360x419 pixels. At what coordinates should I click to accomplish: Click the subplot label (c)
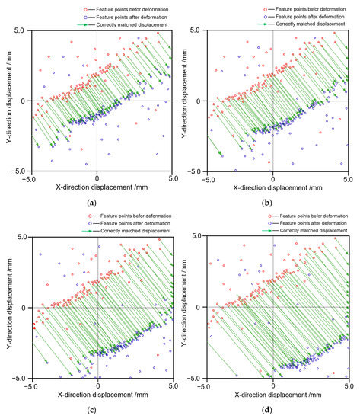tap(92, 411)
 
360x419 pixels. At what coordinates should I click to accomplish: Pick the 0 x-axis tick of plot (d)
tap(273, 385)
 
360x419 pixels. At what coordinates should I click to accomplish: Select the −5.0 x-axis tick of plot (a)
tap(30, 178)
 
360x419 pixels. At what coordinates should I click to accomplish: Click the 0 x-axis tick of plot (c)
tap(98, 385)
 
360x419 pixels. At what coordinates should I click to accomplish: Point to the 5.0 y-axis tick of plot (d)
tap(198, 237)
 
